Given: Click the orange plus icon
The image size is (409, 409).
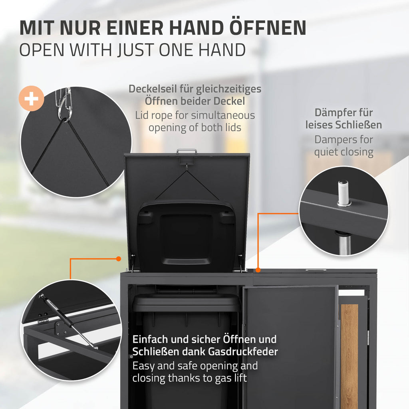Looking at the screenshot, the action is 31,98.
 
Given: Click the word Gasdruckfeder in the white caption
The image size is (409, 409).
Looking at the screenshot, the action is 243,351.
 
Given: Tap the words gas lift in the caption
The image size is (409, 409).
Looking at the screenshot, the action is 231,378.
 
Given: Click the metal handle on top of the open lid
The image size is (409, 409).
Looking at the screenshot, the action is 187,151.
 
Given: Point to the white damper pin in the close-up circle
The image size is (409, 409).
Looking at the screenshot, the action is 343,193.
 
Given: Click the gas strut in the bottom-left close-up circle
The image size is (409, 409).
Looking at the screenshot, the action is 68,322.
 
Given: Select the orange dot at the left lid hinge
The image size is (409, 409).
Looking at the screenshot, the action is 118,259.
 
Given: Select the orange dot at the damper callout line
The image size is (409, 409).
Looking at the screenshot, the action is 258,270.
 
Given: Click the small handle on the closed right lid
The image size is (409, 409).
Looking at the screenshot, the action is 315,270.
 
